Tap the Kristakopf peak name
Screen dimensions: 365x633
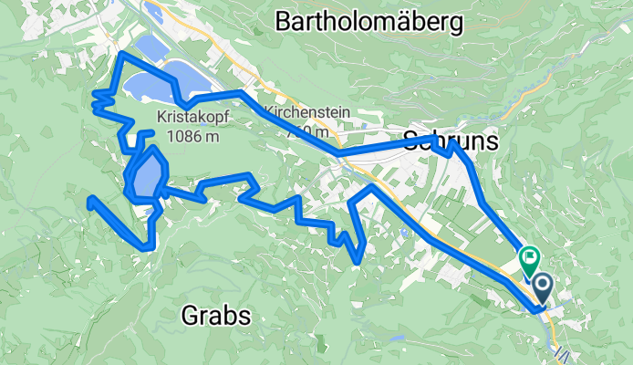click(193, 119)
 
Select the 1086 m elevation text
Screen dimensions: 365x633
click(193, 137)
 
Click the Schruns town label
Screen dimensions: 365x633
click(451, 141)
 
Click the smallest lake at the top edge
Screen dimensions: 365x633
click(153, 14)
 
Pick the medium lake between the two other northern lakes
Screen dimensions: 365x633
click(149, 48)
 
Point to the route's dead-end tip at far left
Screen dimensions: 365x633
click(88, 199)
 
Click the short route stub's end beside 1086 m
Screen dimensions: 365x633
click(151, 132)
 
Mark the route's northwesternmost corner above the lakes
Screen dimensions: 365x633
click(121, 55)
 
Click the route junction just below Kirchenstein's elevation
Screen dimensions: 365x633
click(338, 154)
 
